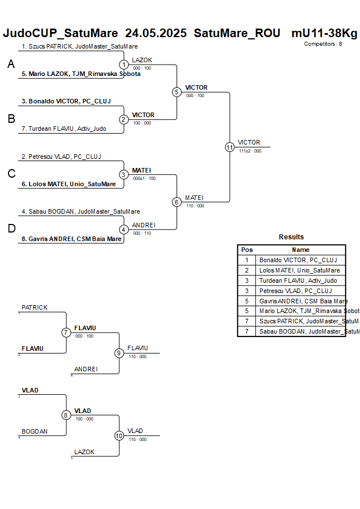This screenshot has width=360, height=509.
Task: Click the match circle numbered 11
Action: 230,147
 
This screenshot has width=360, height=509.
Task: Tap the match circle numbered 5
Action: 177,92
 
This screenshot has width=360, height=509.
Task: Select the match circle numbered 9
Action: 119,353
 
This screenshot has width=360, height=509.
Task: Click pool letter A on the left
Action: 11,65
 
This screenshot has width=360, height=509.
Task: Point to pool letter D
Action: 11,229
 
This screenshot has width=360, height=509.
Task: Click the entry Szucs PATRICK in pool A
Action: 79,46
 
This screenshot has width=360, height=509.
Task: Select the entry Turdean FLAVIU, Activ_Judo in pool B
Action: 63,129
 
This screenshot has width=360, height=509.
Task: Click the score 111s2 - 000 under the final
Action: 250,151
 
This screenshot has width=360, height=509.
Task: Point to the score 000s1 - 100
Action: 144,178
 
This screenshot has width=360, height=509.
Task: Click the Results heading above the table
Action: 291,237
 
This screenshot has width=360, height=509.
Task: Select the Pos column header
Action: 247,250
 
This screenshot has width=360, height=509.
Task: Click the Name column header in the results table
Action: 301,250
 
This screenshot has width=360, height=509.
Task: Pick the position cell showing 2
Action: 247,270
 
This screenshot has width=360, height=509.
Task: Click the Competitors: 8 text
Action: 323,43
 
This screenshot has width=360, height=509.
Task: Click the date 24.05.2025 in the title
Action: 155,33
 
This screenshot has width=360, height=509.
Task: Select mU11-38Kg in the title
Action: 324,33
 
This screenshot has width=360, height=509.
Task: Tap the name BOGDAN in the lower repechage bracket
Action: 34,431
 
